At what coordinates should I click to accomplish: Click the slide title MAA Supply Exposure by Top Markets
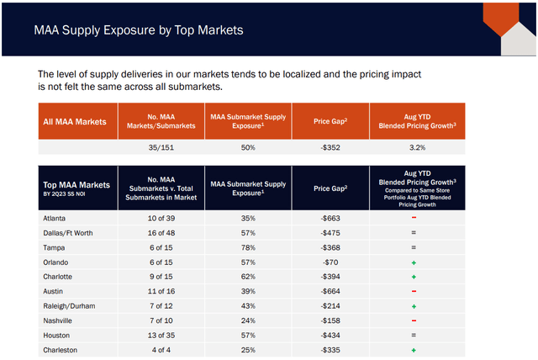[x=138, y=29]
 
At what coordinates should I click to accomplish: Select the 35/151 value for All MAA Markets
[x=160, y=148]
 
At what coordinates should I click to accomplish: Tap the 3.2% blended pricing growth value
[x=414, y=148]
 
